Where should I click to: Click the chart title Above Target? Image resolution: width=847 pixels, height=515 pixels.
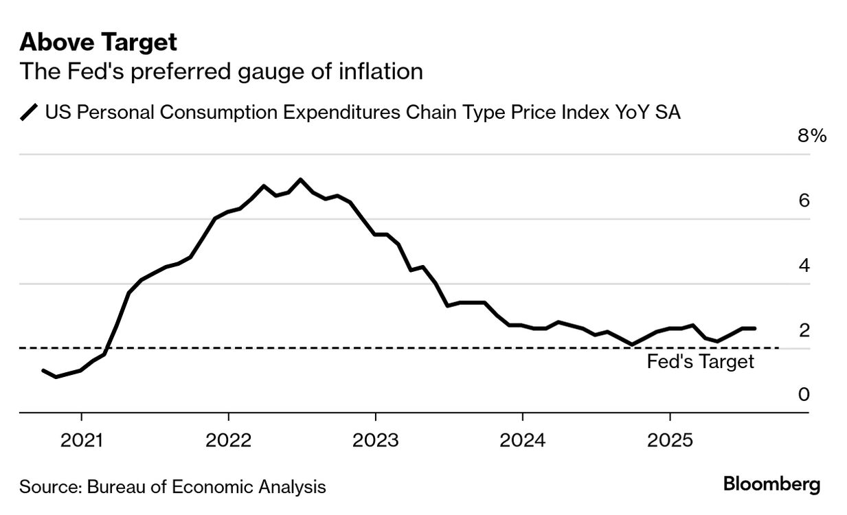coord(98,43)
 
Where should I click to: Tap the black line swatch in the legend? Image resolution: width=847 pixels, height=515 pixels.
coord(30,112)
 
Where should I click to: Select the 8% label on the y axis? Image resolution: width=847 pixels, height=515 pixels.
coord(811,136)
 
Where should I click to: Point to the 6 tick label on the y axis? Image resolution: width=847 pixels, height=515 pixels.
coord(804,201)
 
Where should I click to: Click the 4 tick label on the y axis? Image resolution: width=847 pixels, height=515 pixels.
coord(804,265)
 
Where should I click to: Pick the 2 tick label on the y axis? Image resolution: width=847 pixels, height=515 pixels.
coord(804,330)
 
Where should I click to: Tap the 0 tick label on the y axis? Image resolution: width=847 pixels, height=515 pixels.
coord(804,395)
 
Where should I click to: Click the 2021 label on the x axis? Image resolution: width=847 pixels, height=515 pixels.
coord(81,440)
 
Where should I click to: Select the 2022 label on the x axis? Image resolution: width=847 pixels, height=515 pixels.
coord(228,440)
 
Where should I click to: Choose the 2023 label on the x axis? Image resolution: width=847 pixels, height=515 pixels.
coord(375,440)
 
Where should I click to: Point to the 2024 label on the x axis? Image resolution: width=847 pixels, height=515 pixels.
coord(522,440)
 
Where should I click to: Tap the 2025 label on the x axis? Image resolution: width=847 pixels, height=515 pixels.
coord(669,440)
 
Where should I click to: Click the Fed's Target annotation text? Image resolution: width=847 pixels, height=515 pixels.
coord(700,362)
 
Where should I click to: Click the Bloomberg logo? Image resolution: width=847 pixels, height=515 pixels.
coord(771,485)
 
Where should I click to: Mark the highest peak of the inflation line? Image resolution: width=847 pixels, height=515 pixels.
coord(300,179)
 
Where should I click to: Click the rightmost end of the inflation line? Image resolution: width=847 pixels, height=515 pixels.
coord(755,328)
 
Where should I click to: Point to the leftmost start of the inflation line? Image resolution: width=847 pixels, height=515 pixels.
coord(43,371)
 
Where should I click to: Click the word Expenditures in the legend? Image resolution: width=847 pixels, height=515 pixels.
coord(341,112)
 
